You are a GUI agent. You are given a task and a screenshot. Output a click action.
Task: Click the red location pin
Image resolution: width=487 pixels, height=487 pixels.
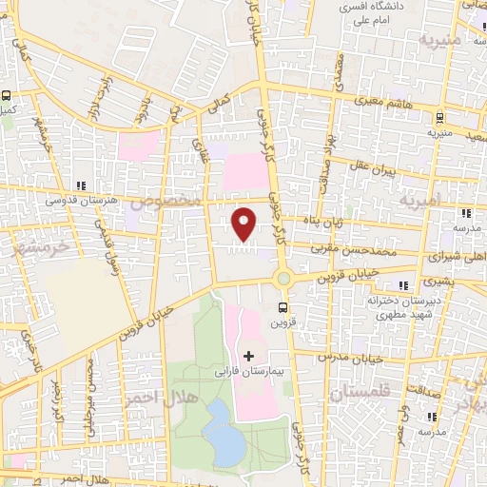coord(244,223)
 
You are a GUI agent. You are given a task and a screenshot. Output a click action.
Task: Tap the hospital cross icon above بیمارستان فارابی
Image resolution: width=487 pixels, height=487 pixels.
coord(249,356)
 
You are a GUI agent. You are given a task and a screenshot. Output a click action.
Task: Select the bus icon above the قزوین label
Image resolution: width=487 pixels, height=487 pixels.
coord(282,307)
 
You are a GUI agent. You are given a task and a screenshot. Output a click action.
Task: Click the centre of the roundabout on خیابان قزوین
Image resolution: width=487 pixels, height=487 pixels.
coord(282,279)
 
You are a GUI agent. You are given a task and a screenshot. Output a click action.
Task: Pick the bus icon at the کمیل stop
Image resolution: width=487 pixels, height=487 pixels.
coord(6,96)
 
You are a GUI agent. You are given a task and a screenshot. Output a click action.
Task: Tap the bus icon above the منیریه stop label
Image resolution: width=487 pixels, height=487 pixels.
coord(438,118)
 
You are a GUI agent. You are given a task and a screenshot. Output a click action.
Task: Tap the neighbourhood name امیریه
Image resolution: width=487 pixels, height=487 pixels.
coord(421,201)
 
